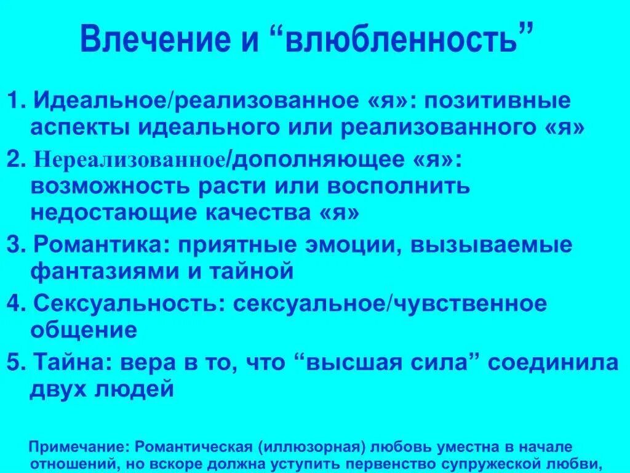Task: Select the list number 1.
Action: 14,100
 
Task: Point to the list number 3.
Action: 14,245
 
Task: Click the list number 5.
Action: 14,363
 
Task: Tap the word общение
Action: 83,330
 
